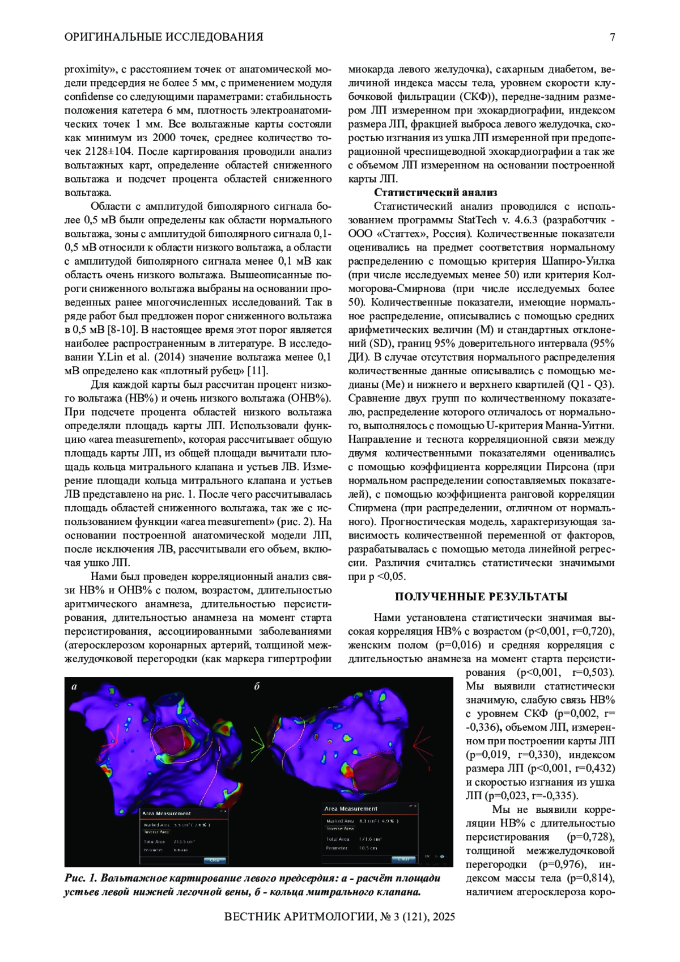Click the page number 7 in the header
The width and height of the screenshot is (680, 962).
click(x=612, y=37)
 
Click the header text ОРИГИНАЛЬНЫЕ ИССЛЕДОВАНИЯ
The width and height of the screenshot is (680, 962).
click(x=164, y=37)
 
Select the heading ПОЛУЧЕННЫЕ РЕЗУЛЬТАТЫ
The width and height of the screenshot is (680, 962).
click(x=481, y=596)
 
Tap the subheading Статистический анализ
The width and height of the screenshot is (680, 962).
click(x=435, y=193)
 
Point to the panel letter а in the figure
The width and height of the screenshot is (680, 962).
click(x=74, y=686)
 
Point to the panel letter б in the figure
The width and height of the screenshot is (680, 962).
click(x=257, y=686)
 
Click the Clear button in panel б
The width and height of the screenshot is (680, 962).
click(x=403, y=859)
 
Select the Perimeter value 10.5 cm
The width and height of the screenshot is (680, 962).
click(x=368, y=848)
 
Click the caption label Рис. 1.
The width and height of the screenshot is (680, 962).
click(x=82, y=879)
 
